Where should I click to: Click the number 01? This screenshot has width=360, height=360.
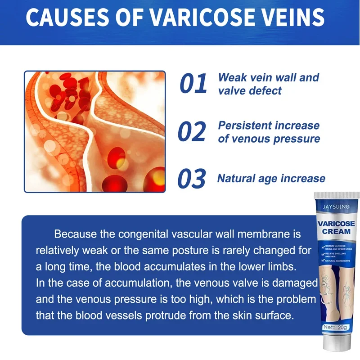point(193,84)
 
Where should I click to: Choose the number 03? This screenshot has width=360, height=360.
point(192,179)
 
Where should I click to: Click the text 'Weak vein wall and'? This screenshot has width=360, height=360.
point(268,77)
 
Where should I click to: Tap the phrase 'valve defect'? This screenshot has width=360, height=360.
point(250,90)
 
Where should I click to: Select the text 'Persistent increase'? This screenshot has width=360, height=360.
point(269,126)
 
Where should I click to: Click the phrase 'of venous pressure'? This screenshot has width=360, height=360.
point(269,139)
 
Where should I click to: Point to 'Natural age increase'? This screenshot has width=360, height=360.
point(271,179)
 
